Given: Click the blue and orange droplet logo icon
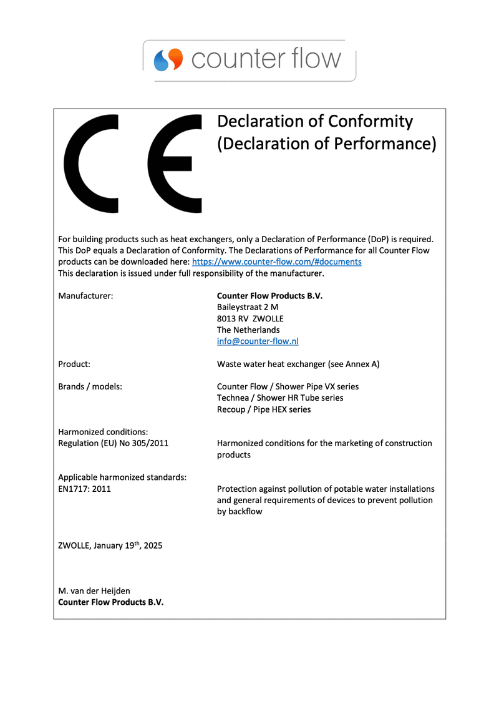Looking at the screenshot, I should point(168,60).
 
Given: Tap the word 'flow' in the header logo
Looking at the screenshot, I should point(316,59).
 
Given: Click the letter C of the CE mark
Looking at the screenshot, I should point(91,164).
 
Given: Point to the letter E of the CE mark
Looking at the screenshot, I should point(175,164).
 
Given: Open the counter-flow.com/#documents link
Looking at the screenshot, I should point(276,262).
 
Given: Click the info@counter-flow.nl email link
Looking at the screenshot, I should point(258,341).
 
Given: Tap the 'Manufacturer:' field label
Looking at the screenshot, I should point(85,296).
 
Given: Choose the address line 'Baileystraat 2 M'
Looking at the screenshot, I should point(248,307).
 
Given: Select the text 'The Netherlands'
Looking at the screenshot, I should point(248,330).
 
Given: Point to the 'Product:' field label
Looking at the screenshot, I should point(74,364).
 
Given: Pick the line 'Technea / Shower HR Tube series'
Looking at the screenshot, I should point(280,398).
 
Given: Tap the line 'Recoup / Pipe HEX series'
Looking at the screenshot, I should point(264,409).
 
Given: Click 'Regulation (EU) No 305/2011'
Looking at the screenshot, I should point(113,443).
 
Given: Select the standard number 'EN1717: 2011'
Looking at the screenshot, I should point(84,489).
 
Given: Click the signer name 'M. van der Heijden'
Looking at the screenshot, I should point(94,590).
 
